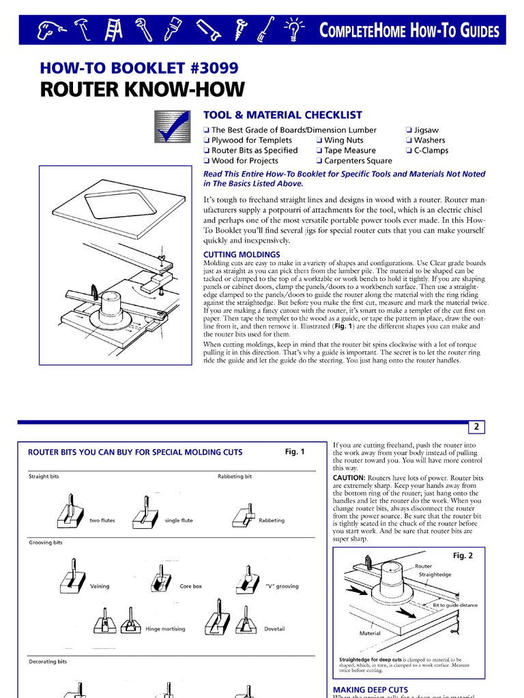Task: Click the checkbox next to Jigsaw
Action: (409, 130)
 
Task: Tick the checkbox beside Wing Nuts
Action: (319, 140)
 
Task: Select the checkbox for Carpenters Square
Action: (319, 161)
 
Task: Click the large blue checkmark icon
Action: (171, 127)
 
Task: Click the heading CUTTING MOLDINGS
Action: (242, 254)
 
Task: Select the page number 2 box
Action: (476, 427)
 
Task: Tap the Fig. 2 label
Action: (463, 556)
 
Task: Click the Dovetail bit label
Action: (274, 628)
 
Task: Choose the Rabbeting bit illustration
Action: (244, 517)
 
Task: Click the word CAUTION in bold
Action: (349, 478)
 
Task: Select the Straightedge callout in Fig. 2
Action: (435, 575)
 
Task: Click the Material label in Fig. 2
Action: (370, 633)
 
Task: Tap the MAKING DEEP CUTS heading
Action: (370, 690)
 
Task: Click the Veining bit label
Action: (100, 586)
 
